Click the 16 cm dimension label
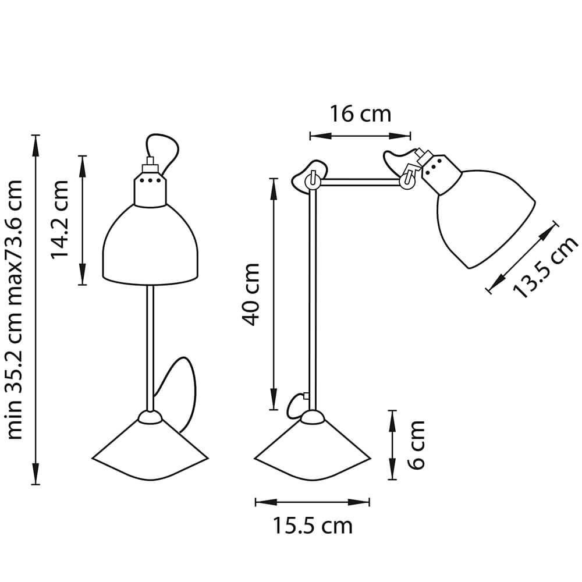coord(360,113)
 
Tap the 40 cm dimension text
coord(251,294)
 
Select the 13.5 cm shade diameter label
coord(545,268)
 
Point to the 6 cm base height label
coord(416,445)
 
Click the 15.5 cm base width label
coord(313,526)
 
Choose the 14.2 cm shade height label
coord(60,219)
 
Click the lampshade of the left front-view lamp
coord(151,247)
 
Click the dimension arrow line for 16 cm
coord(360,136)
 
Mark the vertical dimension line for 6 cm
coord(392,445)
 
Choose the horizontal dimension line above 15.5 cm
coord(313,502)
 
